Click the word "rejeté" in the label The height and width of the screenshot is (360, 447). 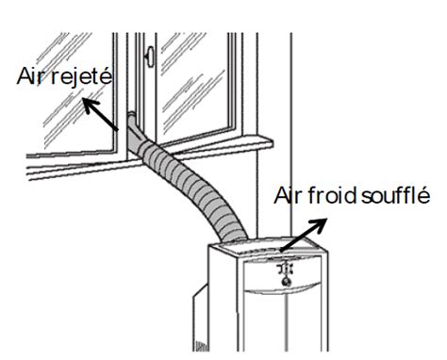[81, 77]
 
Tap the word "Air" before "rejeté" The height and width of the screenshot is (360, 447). [32, 77]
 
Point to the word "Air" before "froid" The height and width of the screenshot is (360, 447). [290, 197]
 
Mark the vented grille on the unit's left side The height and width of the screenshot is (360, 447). [200, 320]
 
